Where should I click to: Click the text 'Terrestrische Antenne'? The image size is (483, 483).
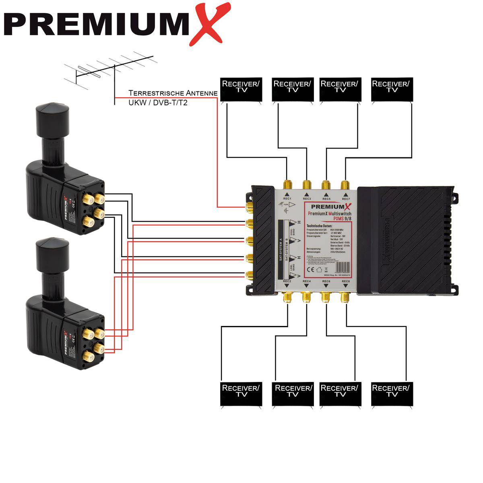pos(173,93)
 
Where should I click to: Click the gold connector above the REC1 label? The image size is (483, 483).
pos(287,186)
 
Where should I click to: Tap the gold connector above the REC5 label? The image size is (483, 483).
pos(326,186)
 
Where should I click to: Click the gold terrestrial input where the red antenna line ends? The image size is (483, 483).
pos(249,207)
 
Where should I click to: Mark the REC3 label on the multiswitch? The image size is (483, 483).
pos(307,199)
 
